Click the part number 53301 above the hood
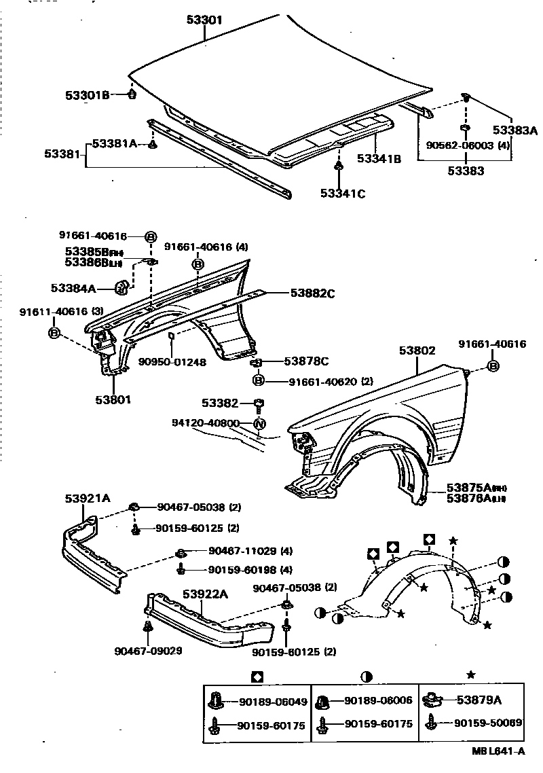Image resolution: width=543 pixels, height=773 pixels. [x=204, y=20]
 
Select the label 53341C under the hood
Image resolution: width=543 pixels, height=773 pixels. [x=343, y=194]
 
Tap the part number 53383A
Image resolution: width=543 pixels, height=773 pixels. [x=514, y=130]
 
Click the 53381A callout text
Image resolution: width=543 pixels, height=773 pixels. [x=114, y=143]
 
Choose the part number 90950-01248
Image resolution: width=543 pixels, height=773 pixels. [x=174, y=362]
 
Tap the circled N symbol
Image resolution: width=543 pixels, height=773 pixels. [x=259, y=426]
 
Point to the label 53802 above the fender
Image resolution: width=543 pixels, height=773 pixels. [x=417, y=350]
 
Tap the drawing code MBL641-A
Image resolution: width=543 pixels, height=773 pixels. [x=498, y=751]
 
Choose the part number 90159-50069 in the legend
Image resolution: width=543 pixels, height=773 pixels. [x=487, y=723]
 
